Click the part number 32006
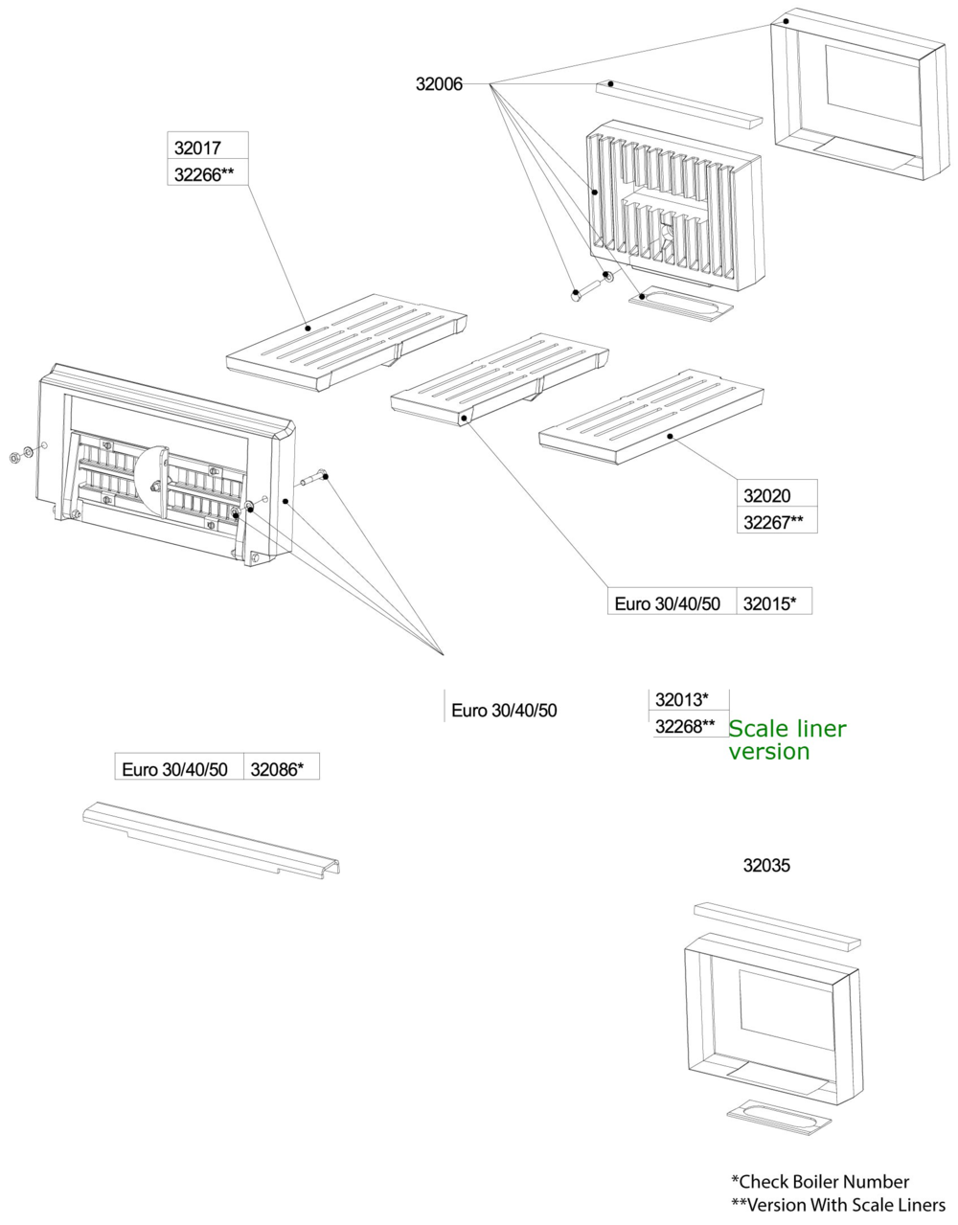click(438, 84)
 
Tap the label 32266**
click(204, 174)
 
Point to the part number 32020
click(767, 495)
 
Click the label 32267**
click(773, 522)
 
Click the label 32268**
click(685, 726)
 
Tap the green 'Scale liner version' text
click(787, 739)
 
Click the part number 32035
click(767, 866)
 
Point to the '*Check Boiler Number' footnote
click(819, 1181)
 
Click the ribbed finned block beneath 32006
click(675, 206)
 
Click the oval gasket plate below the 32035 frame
click(775, 1115)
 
